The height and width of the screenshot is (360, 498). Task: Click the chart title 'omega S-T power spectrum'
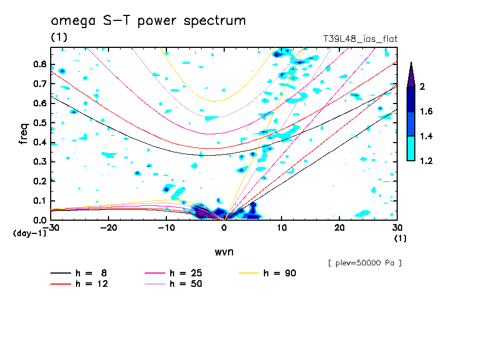(148, 21)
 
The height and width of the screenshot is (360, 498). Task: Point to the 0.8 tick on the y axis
(39, 64)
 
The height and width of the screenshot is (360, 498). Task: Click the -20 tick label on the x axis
(109, 228)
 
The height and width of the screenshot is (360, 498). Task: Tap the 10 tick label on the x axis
(282, 228)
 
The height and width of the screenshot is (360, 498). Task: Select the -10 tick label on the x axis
(166, 228)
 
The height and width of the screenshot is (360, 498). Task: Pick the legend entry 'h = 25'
(186, 273)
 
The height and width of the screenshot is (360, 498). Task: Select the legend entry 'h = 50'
(186, 284)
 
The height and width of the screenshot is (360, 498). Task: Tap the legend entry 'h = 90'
(280, 273)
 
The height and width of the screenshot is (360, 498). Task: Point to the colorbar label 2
(423, 86)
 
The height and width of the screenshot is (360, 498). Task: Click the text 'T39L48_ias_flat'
(360, 39)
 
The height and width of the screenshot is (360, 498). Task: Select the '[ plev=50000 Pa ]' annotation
(365, 263)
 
